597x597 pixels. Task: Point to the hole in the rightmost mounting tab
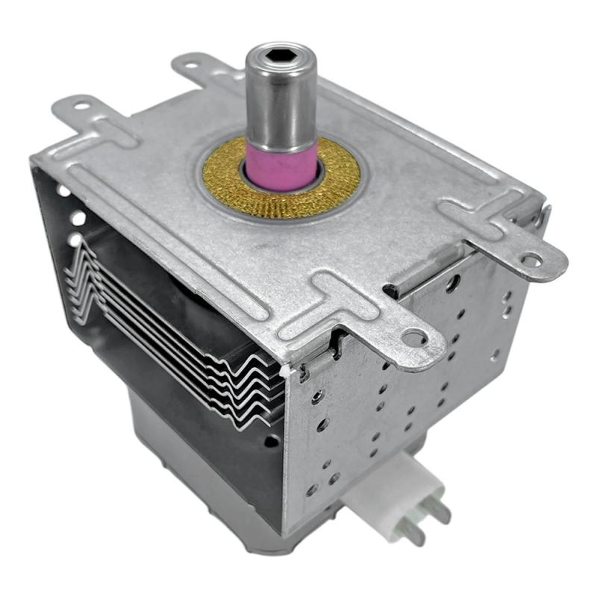pos(531,260)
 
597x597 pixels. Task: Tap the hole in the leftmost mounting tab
pos(80,107)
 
